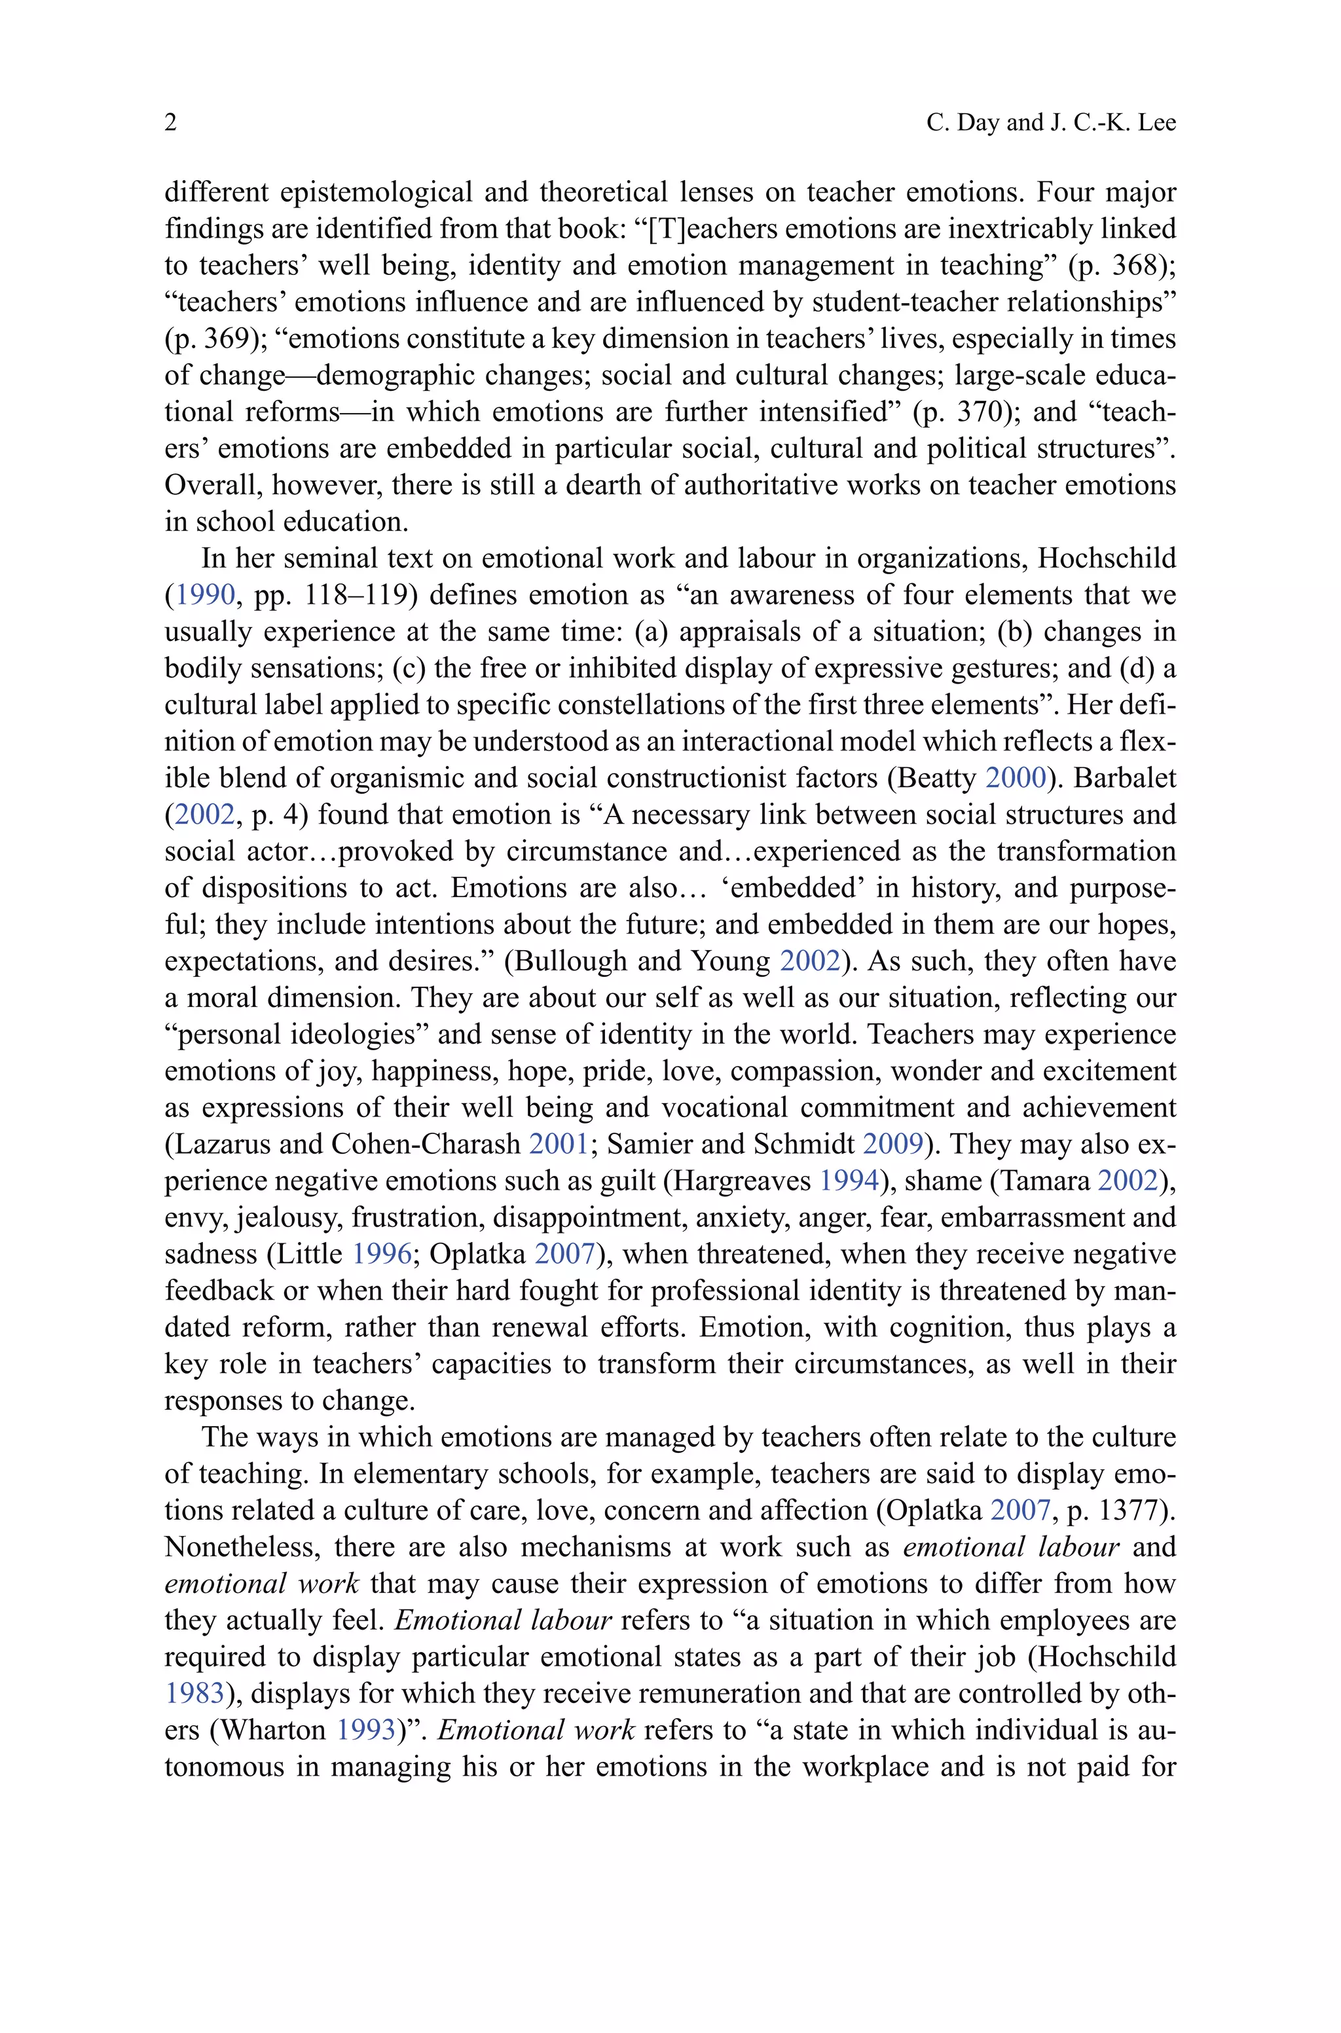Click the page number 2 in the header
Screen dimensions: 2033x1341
[171, 123]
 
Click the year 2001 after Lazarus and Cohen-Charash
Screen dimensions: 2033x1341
[559, 1144]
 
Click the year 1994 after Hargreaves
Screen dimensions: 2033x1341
[849, 1181]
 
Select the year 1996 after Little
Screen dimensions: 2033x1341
[382, 1254]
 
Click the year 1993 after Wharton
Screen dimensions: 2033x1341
[365, 1731]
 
